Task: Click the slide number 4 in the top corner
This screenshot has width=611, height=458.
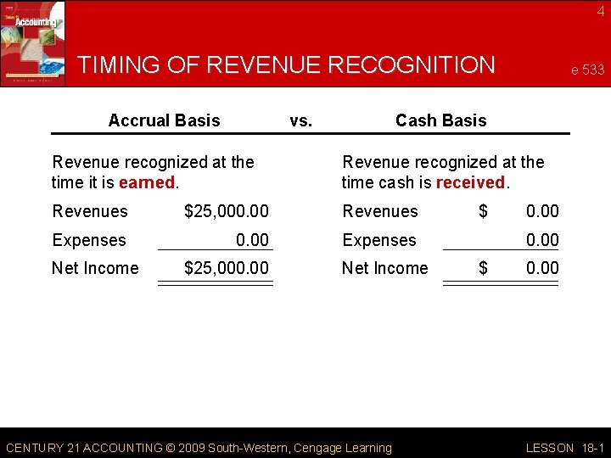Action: click(x=600, y=11)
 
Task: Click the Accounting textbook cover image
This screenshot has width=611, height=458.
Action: click(x=32, y=42)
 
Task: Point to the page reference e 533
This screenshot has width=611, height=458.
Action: click(x=586, y=70)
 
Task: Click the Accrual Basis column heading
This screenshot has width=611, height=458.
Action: click(x=164, y=120)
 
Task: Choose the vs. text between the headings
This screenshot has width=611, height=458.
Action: click(x=300, y=120)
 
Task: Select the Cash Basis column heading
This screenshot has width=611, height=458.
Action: click(x=440, y=120)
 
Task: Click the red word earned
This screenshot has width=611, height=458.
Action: click(x=145, y=182)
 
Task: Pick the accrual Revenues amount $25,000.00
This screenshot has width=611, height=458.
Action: click(x=227, y=211)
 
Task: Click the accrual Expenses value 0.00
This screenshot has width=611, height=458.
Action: click(x=252, y=240)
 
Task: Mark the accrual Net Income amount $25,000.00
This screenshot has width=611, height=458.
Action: click(x=227, y=268)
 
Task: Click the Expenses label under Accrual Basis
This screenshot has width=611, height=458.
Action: click(x=89, y=240)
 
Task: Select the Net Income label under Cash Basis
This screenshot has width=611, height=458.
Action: click(x=384, y=268)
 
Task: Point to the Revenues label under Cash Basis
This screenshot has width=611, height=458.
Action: click(x=379, y=211)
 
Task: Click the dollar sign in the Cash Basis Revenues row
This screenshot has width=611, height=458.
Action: click(x=483, y=211)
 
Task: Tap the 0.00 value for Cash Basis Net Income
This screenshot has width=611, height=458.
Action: click(x=542, y=268)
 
